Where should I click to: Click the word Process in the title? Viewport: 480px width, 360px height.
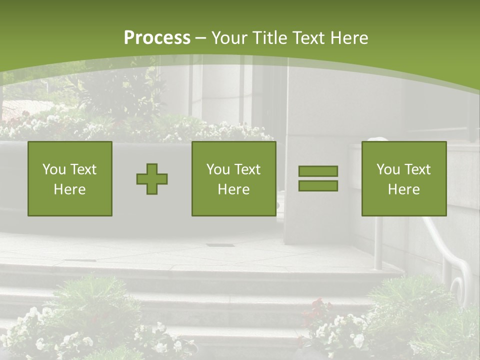(x=157, y=38)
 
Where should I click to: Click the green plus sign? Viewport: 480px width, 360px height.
(x=152, y=179)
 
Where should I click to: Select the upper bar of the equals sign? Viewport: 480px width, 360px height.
(x=318, y=171)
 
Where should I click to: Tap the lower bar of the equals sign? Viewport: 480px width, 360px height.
(x=318, y=186)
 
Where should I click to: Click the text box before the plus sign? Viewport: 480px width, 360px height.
(x=70, y=178)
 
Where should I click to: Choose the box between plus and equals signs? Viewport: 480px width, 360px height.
(x=234, y=178)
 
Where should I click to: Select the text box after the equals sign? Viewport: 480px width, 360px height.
(x=404, y=178)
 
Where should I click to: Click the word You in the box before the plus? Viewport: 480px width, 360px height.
(x=53, y=169)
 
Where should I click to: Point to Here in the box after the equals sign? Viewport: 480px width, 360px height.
(x=404, y=189)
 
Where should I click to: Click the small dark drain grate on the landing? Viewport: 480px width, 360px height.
(x=220, y=245)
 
